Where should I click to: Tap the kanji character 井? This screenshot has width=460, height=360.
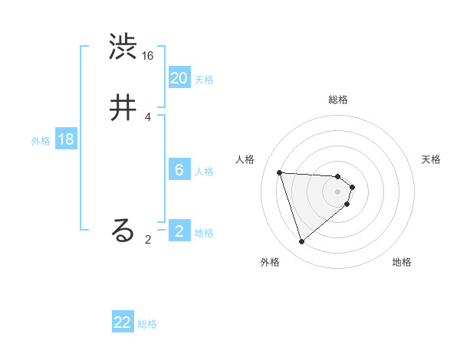point(123,108)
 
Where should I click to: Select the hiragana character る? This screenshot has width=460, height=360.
point(123,231)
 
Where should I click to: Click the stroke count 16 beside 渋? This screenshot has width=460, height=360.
point(148,56)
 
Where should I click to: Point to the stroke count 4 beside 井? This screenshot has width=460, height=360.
point(148,116)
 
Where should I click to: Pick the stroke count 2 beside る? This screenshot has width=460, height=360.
point(148,239)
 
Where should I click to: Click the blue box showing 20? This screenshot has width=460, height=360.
point(179,78)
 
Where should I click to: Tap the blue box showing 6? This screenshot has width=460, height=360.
point(179,170)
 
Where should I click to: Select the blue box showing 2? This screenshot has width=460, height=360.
point(179,231)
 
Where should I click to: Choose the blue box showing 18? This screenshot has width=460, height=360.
point(66,139)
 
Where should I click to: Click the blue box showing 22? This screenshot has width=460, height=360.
point(123,322)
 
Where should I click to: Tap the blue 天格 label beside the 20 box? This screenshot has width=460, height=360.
point(204,80)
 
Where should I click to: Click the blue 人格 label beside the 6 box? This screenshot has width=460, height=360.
point(204,172)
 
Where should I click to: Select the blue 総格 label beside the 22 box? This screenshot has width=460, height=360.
point(147,324)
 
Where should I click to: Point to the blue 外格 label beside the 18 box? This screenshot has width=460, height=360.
point(41,141)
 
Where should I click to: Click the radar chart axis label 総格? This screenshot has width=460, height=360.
point(338,100)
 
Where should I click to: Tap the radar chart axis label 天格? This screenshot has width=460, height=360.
point(431,159)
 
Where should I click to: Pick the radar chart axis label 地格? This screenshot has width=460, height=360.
point(402,262)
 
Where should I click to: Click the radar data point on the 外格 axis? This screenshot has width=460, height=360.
point(301,242)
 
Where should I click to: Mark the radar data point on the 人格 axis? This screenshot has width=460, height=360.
point(280,172)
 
